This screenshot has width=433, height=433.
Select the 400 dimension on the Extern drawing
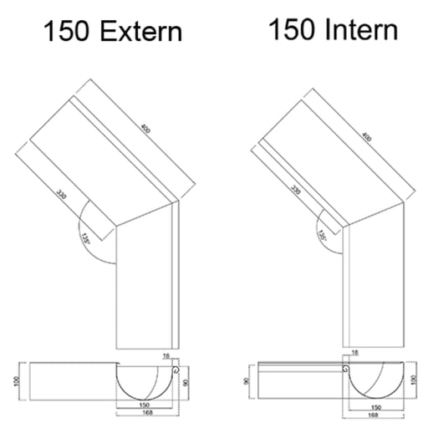[x=147, y=132]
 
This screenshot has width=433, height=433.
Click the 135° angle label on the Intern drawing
[x=322, y=236]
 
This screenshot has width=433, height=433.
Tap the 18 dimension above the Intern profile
[x=355, y=354]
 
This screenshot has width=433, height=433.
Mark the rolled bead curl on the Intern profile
[x=345, y=366]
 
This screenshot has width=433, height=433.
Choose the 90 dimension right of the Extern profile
[x=186, y=382]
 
